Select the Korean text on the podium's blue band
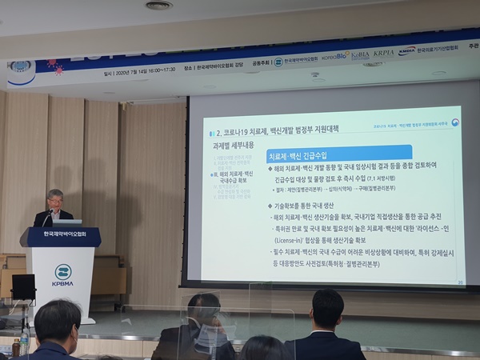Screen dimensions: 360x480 point(64,238)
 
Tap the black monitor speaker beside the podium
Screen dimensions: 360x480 point(23,287)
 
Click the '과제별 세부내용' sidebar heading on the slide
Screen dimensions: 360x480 point(234,146)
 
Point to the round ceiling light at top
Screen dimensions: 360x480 point(158,6)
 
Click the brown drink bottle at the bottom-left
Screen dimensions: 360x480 point(15,347)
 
